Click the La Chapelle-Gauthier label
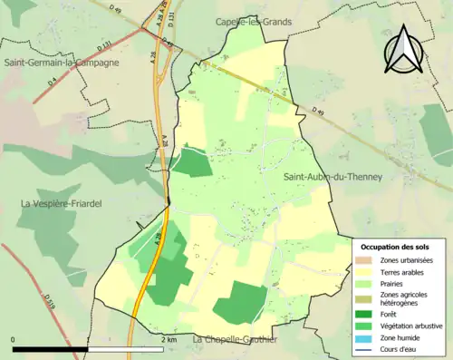[x=235, y=339]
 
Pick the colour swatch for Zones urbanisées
[x=364, y=260]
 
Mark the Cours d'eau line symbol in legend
[x=364, y=349]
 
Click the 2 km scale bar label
[x=169, y=340]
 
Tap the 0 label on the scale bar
[x=13, y=340]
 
